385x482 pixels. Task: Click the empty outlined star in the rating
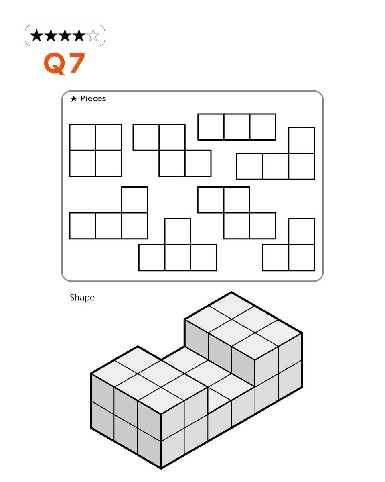(93, 35)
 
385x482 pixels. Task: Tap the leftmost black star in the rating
(36, 35)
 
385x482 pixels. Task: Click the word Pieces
(93, 98)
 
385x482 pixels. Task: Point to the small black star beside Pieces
(74, 98)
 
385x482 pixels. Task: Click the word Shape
(82, 298)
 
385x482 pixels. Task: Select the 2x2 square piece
(96, 150)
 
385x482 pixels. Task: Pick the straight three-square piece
(237, 127)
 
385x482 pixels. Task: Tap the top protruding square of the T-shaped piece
(178, 232)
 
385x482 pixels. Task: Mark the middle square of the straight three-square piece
(237, 127)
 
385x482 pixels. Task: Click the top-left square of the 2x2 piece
(83, 137)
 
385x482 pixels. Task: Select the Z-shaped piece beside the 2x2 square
(172, 150)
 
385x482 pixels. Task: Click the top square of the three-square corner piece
(302, 232)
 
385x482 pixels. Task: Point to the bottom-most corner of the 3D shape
(161, 468)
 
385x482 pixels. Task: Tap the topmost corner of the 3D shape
(231, 292)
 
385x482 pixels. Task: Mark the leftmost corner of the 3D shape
(90, 374)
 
